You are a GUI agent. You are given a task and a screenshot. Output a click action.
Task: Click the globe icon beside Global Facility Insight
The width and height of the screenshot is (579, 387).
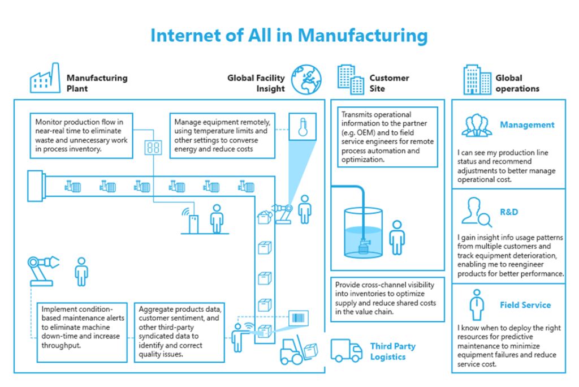(x=306, y=79)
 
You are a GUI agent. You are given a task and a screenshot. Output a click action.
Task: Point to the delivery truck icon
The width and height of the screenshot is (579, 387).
(x=346, y=351)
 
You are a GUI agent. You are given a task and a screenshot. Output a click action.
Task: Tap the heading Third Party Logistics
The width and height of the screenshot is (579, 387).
(x=392, y=351)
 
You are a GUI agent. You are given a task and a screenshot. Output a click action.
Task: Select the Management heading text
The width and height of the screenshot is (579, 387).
(x=527, y=125)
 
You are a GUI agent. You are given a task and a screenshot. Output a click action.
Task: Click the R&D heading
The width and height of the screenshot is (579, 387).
(x=509, y=212)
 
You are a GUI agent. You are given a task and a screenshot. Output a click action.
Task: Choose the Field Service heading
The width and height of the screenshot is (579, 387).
(x=525, y=305)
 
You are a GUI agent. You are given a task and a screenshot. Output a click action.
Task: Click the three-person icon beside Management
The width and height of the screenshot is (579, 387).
(x=477, y=126)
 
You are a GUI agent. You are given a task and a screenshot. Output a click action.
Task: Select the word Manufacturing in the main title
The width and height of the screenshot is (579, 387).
(x=362, y=36)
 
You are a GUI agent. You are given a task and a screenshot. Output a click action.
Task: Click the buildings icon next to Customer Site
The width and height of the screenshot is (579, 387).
(x=351, y=79)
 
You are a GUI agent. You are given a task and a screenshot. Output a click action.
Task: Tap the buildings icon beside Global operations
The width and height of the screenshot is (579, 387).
(x=477, y=80)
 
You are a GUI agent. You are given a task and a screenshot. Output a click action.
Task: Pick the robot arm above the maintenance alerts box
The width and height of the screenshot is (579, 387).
(x=42, y=269)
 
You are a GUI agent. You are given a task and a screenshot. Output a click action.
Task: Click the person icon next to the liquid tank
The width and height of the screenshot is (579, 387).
(x=397, y=238)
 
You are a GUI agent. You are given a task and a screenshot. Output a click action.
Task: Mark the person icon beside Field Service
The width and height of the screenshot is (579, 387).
(x=477, y=305)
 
